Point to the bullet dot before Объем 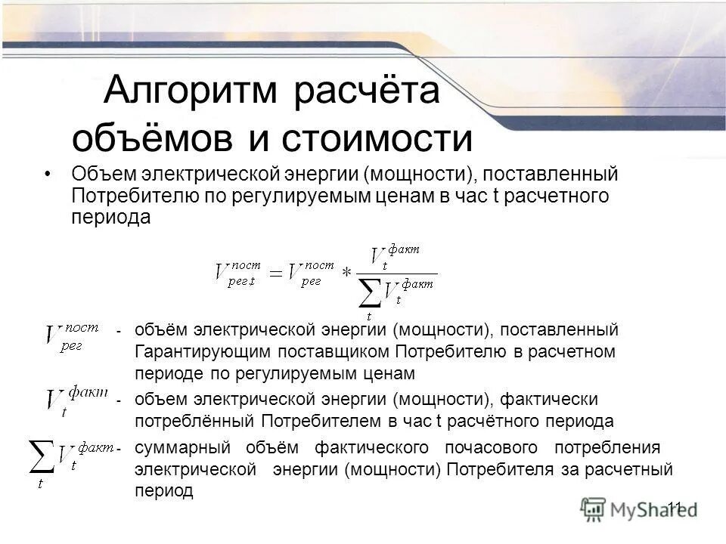[x=48, y=175]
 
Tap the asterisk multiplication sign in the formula [x=347, y=274]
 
